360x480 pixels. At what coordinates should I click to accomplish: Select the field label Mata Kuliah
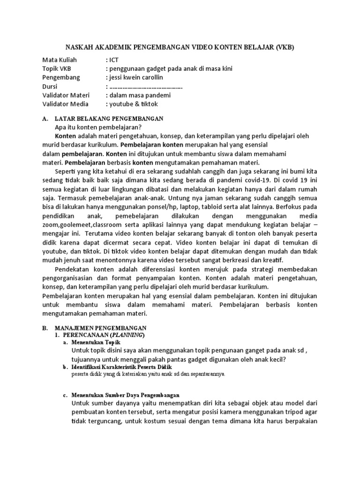coord(59,60)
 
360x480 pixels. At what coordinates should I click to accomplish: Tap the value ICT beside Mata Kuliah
coord(113,60)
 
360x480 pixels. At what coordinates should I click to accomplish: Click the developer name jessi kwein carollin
coord(136,77)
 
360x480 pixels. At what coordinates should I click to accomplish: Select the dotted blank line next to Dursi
coord(145,86)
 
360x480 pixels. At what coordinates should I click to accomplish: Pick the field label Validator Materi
coord(66,95)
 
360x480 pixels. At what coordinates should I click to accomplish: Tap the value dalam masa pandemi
coord(140,95)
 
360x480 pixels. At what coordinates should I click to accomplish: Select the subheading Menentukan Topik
coord(96,343)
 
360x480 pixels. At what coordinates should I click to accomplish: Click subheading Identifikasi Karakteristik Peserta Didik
coord(119,367)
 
